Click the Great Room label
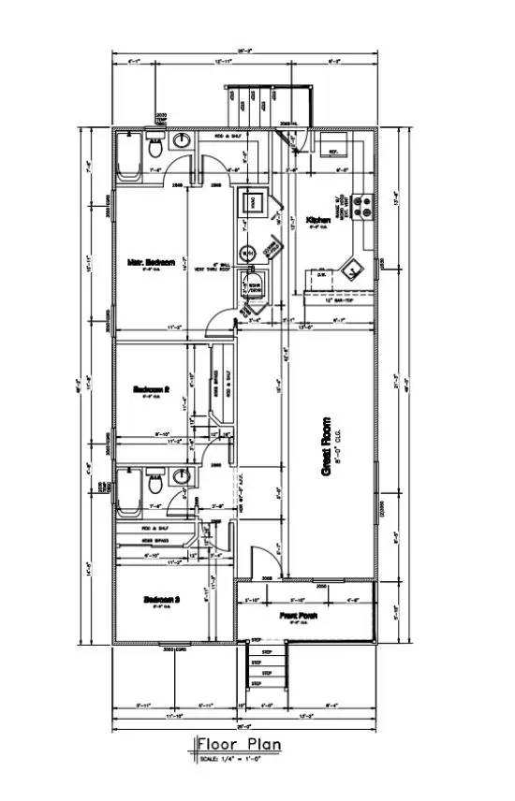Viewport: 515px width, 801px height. pyautogui.click(x=326, y=447)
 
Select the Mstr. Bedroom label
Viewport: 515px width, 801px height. pyautogui.click(x=152, y=263)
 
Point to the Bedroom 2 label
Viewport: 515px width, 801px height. pyautogui.click(x=150, y=388)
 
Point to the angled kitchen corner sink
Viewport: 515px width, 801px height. pyautogui.click(x=354, y=269)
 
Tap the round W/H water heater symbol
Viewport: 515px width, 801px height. pyautogui.click(x=248, y=254)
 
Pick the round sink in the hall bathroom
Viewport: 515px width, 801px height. pyautogui.click(x=183, y=476)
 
